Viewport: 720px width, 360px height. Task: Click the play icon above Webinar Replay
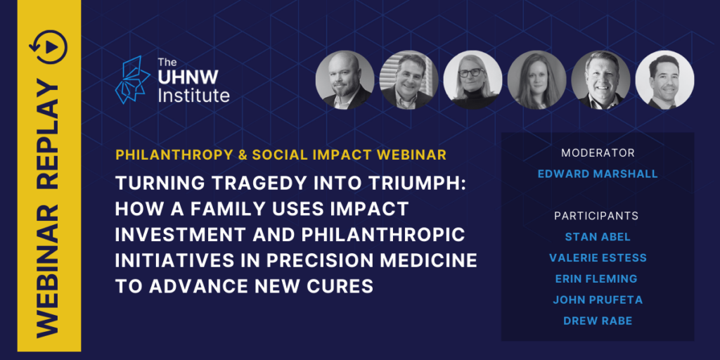coord(49,47)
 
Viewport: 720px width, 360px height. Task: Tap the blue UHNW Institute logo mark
coord(132,79)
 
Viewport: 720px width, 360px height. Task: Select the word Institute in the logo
coord(193,96)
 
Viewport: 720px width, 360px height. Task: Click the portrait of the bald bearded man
coord(345,80)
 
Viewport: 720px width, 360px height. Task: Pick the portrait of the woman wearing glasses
coord(472,80)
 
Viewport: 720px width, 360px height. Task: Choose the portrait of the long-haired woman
coord(536,80)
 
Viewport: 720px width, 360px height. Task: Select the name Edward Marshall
coord(598,174)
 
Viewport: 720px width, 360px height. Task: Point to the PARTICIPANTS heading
coord(596,216)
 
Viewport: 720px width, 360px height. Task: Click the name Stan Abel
coord(598,237)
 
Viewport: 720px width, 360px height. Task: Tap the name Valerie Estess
coord(598,258)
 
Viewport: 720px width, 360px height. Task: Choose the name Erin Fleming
coord(597,278)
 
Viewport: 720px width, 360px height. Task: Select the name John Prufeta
coord(598,300)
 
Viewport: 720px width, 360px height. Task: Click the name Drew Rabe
coord(598,321)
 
